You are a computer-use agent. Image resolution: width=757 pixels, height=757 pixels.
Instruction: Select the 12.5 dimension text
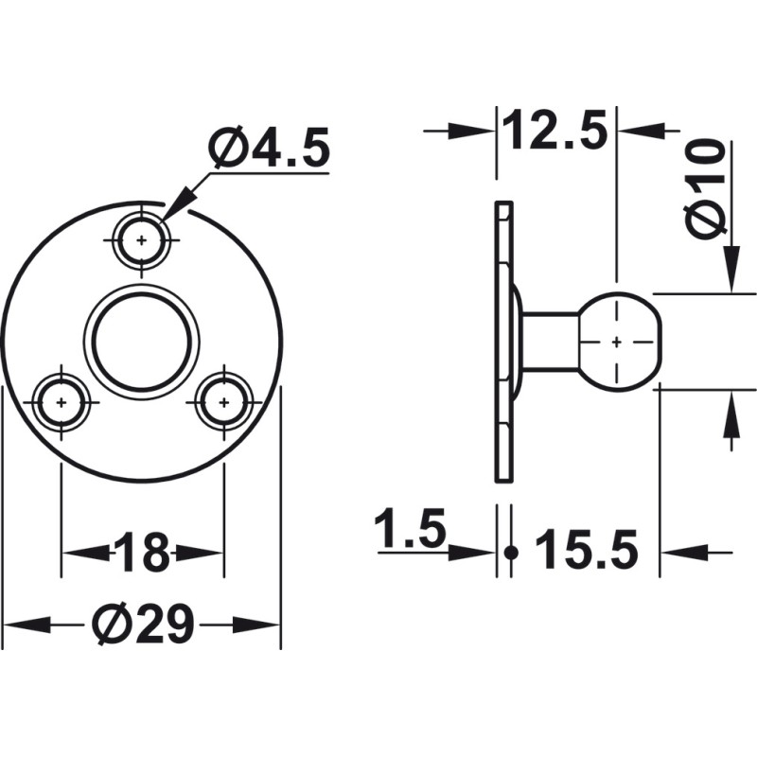(x=555, y=131)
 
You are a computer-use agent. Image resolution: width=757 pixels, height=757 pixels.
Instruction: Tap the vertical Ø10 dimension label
(x=706, y=189)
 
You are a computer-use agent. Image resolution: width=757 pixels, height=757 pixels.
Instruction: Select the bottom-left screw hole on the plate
(x=62, y=402)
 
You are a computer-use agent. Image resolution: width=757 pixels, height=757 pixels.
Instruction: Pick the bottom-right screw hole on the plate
(x=223, y=402)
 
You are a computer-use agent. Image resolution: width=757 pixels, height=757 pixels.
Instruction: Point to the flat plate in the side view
(x=505, y=341)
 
